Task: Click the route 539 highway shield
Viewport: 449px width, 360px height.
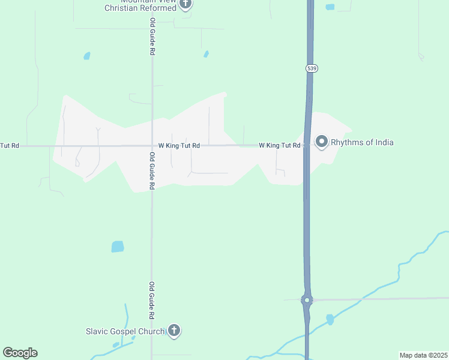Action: (x=311, y=68)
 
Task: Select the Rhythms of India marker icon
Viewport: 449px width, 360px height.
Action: (x=322, y=142)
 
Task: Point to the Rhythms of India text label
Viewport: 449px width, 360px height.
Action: (x=362, y=142)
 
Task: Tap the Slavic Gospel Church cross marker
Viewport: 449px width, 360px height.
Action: (x=174, y=330)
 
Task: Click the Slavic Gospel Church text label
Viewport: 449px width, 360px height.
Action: (x=125, y=331)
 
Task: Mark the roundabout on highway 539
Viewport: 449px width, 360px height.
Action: (x=307, y=299)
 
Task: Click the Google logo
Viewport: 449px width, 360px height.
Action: (x=20, y=353)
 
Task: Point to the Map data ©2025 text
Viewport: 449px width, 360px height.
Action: (x=423, y=355)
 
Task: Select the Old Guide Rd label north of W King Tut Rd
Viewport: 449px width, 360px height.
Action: (x=152, y=37)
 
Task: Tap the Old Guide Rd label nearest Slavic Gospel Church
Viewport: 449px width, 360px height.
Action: (x=152, y=300)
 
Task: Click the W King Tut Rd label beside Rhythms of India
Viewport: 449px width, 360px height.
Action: (x=279, y=146)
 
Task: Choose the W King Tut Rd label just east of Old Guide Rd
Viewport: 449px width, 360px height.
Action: (x=179, y=146)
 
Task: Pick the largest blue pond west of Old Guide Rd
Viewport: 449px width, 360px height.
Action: (x=118, y=247)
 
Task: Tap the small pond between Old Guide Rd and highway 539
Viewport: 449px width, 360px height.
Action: (x=206, y=54)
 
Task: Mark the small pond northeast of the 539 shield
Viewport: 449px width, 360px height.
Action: (x=330, y=7)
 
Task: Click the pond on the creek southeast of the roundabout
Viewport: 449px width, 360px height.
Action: (x=330, y=319)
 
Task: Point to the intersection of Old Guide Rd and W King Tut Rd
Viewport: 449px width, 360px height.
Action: (x=152, y=146)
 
